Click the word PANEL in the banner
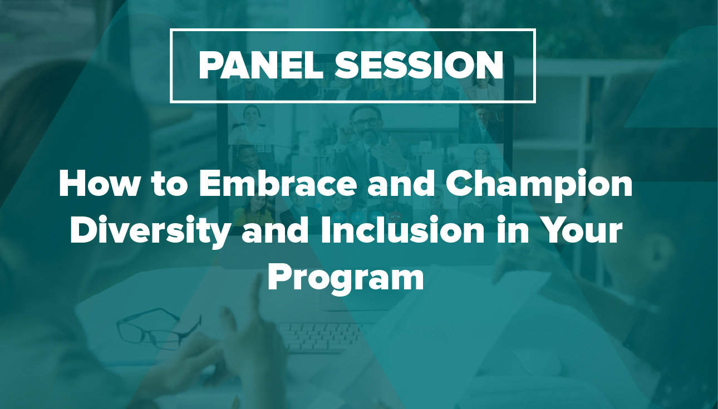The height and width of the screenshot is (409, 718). (x=260, y=66)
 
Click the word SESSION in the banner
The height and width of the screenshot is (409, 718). (x=419, y=66)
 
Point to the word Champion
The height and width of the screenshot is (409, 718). (x=539, y=187)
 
